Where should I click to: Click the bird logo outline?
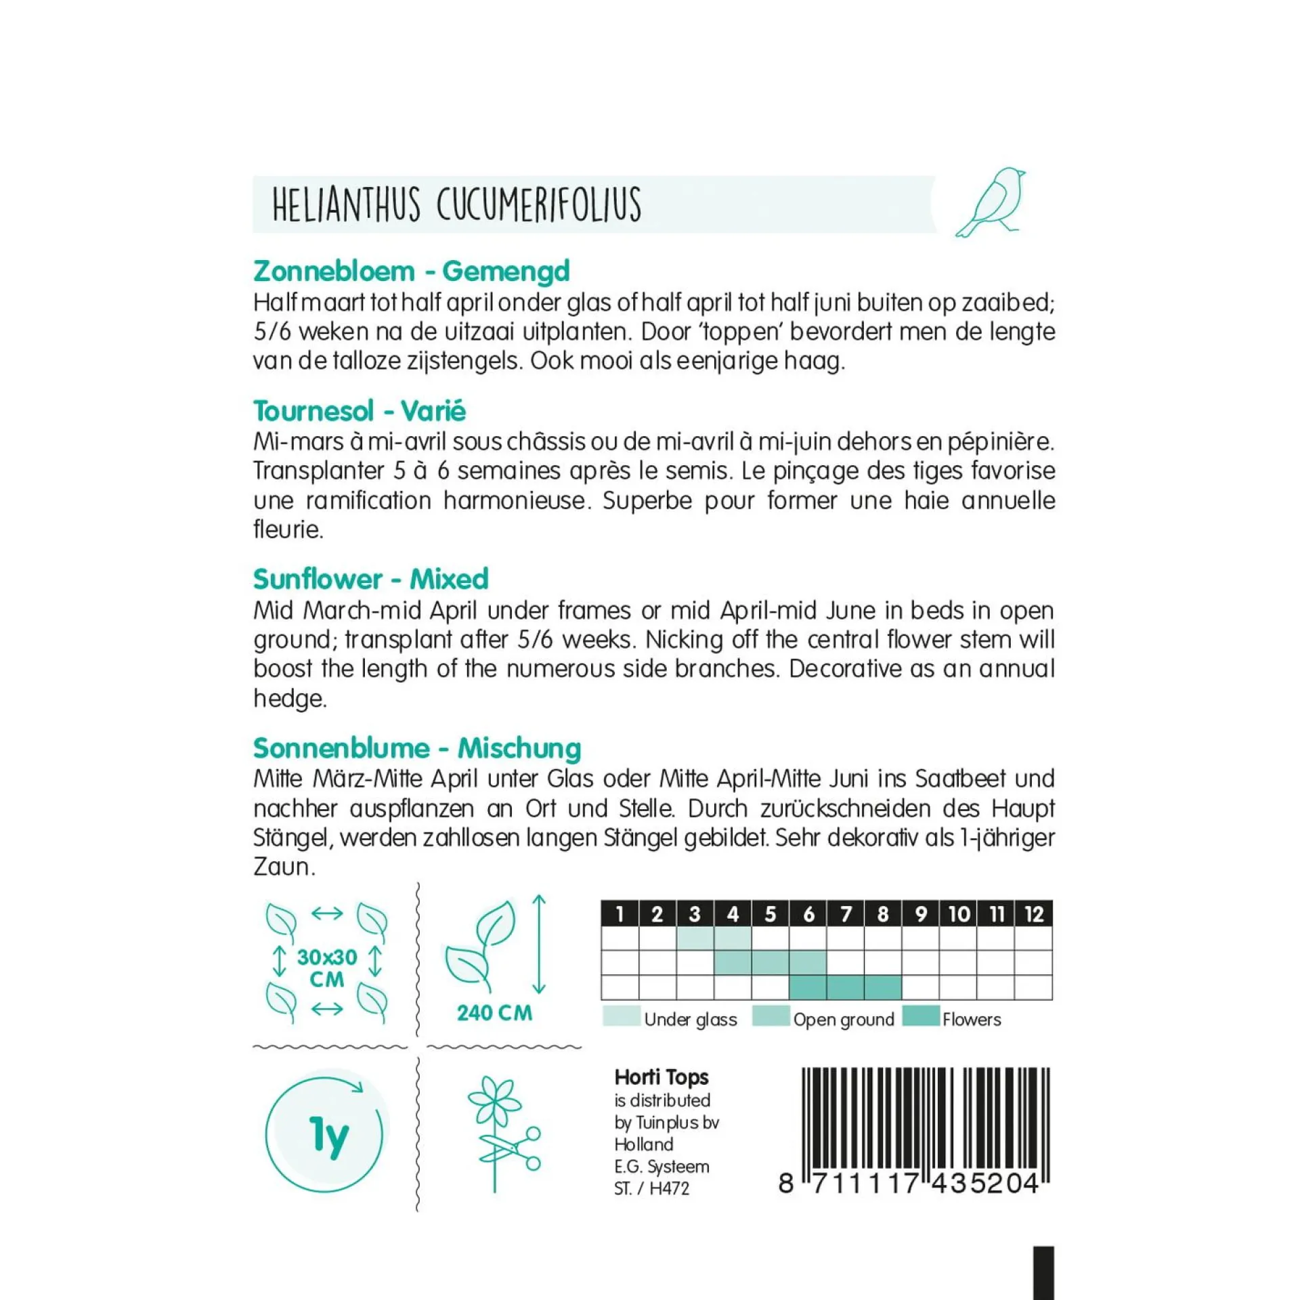[991, 202]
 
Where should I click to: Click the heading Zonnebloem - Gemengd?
[412, 271]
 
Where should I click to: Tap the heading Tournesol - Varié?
[360, 411]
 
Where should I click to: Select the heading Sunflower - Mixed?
[370, 579]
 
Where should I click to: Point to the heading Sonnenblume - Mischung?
[417, 748]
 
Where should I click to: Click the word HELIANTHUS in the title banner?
[346, 204]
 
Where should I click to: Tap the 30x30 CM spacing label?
[327, 968]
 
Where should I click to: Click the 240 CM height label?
[494, 1013]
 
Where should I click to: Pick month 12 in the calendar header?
[1033, 914]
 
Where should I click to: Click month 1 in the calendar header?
[620, 914]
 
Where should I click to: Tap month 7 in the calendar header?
[846, 914]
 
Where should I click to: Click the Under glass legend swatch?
[621, 1016]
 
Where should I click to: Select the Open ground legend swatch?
[771, 1016]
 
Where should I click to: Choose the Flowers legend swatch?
[921, 1016]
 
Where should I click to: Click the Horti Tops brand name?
[662, 1077]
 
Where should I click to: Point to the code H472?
[669, 1188]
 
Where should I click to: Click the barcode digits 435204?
[986, 1184]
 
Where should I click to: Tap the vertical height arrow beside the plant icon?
[539, 944]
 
